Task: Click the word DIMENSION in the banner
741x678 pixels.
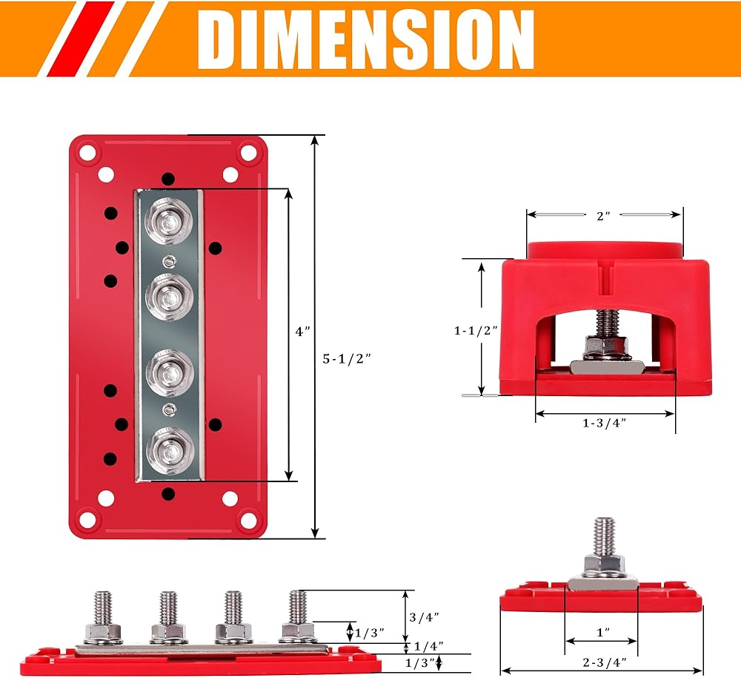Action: pos(366,39)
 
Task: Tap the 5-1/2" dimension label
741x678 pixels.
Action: pos(346,358)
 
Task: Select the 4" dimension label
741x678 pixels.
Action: pos(302,331)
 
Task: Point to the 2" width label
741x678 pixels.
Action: pos(603,216)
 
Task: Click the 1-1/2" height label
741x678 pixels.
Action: pos(476,330)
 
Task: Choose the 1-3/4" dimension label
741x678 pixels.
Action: pos(604,423)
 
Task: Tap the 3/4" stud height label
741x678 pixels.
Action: pos(424,617)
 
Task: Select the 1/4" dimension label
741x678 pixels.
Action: pos(428,646)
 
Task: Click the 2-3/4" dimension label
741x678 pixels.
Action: pos(605,662)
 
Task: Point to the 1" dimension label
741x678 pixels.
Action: pos(603,632)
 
